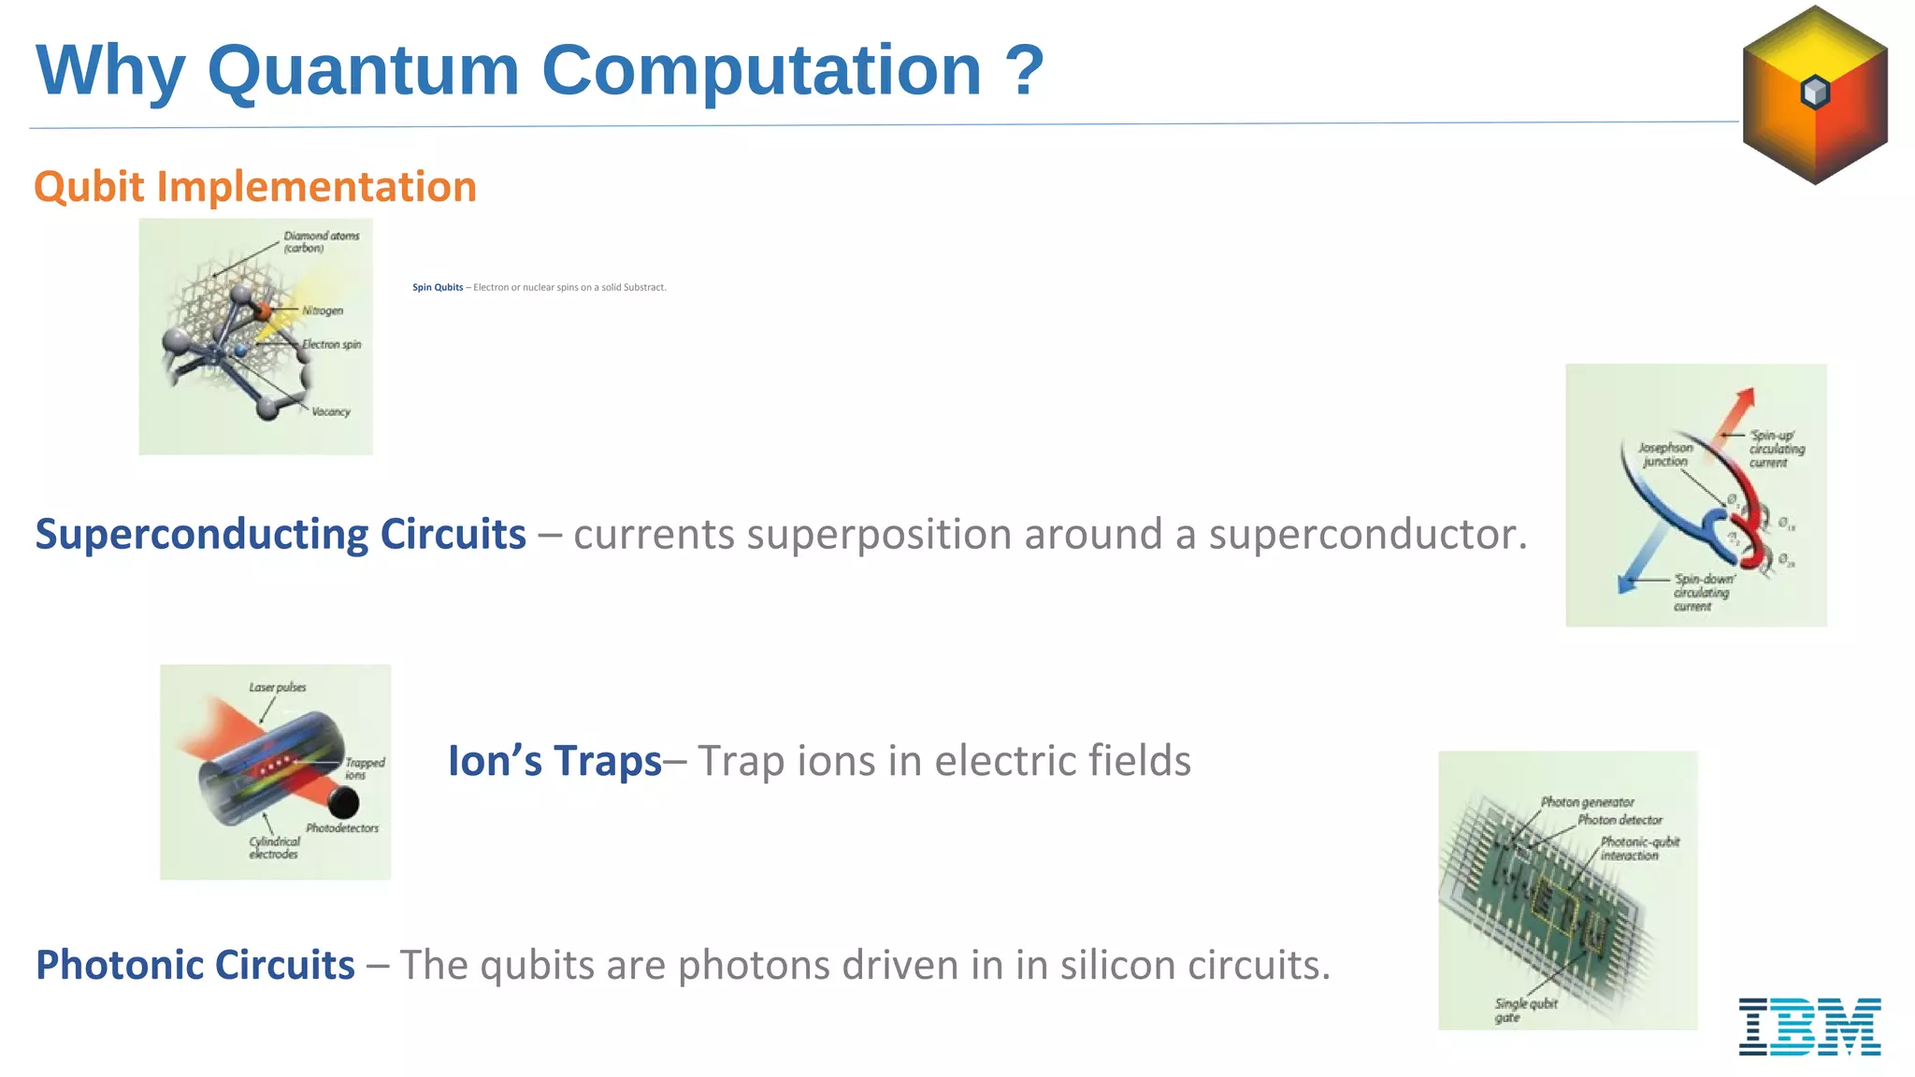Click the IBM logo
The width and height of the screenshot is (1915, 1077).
[1809, 1027]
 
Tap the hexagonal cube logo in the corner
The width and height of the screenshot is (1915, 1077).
[1815, 94]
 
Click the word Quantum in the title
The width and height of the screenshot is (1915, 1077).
[363, 71]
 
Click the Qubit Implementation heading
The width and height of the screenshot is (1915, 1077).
[255, 187]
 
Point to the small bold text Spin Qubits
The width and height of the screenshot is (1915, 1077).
[438, 288]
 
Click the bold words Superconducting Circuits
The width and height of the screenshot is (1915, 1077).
[281, 535]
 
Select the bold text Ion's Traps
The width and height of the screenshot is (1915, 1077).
[554, 761]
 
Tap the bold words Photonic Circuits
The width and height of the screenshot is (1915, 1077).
[195, 965]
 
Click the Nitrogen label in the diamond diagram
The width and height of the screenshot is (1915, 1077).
[322, 310]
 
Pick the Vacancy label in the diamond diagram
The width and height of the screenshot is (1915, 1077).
[330, 411]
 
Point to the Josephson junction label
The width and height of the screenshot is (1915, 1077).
[1665, 454]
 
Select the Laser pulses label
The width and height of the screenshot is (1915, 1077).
[277, 687]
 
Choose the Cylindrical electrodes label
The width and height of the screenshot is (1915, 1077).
[274, 848]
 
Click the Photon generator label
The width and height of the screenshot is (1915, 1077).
[1587, 802]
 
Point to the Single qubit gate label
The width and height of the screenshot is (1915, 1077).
[1525, 1010]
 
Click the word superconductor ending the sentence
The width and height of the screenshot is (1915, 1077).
[1368, 535]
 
